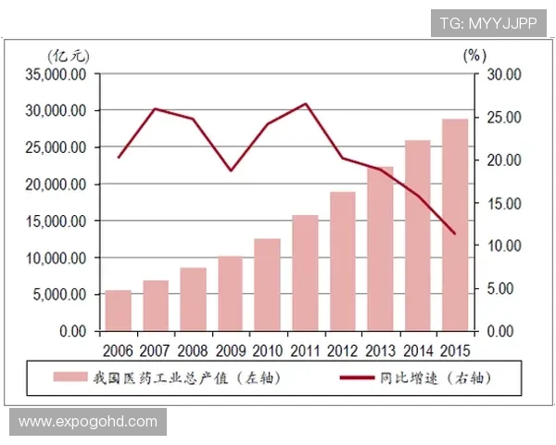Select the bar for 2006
tap(118, 311)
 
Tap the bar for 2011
tap(305, 273)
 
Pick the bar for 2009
tap(230, 293)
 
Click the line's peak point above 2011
tap(306, 104)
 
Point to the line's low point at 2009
tap(231, 171)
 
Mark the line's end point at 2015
tap(454, 233)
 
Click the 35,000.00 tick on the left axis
tap(58, 74)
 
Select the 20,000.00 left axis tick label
tap(58, 184)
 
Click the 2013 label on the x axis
tap(380, 350)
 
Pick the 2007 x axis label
tap(156, 350)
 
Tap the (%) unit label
tap(473, 54)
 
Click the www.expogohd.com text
tap(88, 422)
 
